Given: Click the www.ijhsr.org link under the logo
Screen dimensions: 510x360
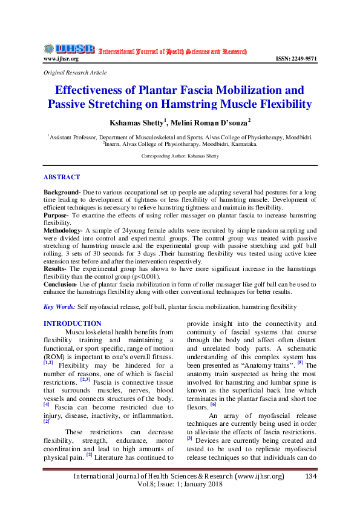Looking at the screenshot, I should [61, 59].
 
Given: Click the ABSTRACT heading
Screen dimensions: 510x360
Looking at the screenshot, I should [62, 177].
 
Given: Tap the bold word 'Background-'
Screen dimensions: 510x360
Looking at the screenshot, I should [62, 192].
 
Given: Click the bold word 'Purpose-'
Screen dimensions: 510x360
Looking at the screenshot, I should [57, 215].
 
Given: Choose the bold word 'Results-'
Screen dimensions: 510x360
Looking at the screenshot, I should [56, 268].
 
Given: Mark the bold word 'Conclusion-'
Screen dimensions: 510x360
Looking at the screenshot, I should [61, 283].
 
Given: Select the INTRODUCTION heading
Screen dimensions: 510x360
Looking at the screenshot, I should [73, 323].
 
